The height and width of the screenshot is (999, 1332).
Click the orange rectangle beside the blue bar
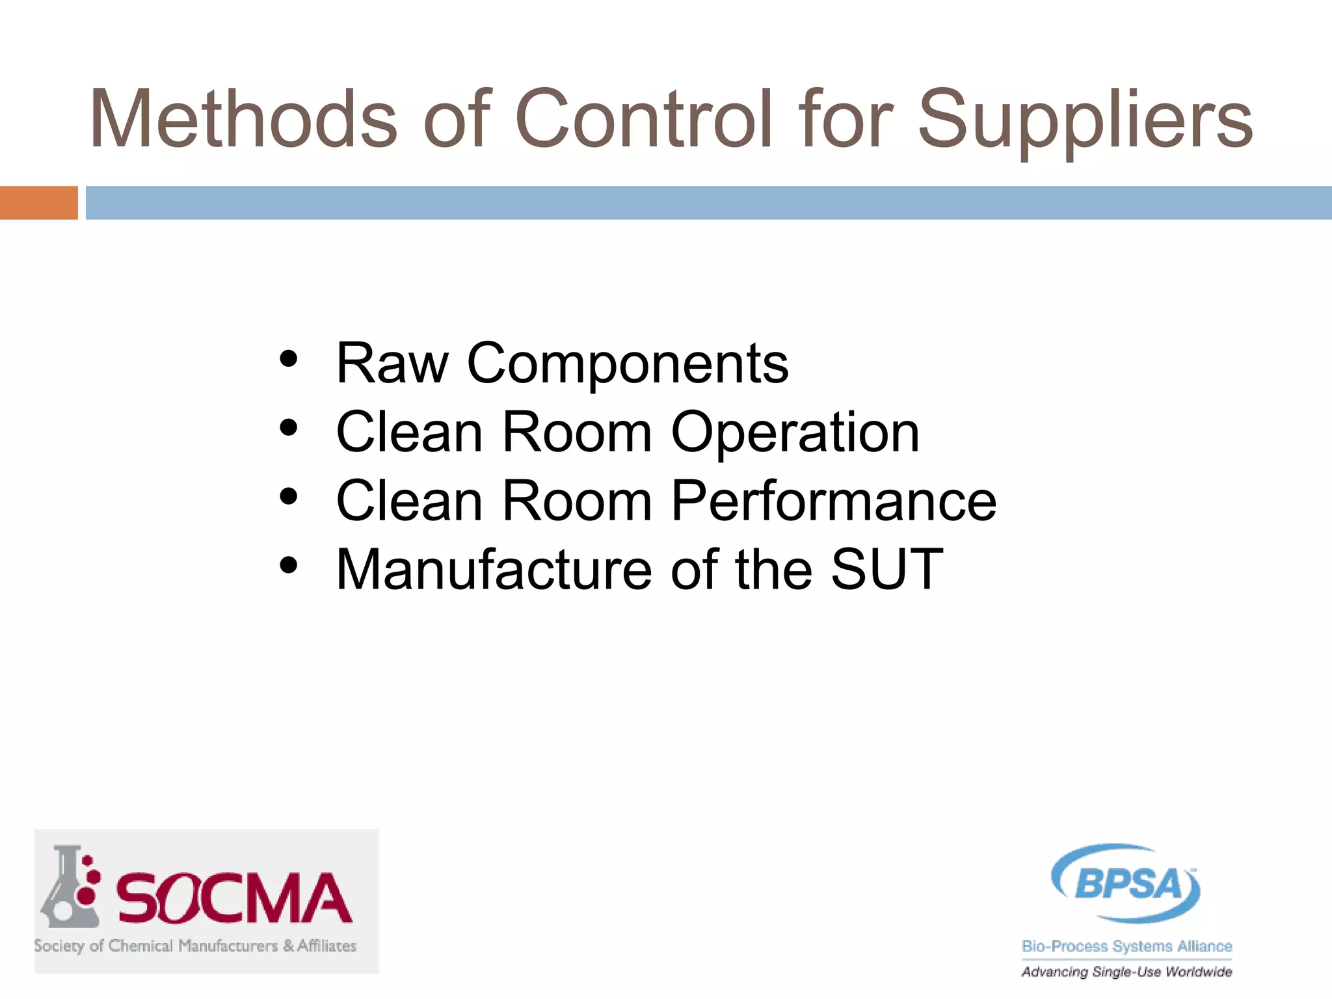38,203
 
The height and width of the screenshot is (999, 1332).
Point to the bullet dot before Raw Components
288,359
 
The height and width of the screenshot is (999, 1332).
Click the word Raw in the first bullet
392,364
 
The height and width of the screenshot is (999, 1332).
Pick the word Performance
833,501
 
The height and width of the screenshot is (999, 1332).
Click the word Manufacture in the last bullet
494,570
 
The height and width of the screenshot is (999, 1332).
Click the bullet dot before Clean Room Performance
288,497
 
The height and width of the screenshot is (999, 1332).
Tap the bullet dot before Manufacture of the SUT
288,566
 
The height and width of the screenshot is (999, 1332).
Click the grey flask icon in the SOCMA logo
69,888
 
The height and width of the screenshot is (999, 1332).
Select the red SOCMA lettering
234,899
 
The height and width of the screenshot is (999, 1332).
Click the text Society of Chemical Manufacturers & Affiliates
195,946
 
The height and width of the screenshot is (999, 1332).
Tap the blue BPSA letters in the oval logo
1128,885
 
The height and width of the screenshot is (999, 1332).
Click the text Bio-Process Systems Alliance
1126,946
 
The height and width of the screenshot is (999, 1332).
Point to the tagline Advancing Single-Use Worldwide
1126,972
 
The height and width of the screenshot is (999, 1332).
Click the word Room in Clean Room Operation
577,433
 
